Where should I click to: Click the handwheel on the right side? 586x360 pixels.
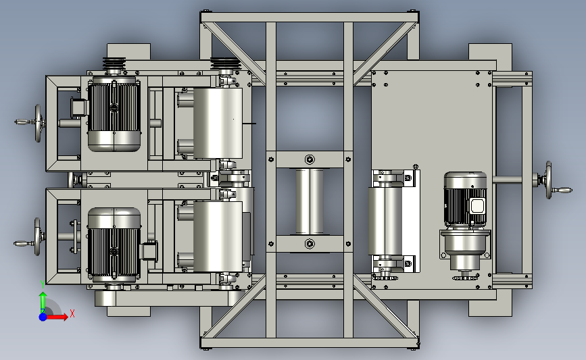click(x=548, y=180)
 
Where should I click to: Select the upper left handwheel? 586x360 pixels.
click(x=38, y=123)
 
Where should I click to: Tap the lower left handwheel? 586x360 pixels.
click(x=37, y=237)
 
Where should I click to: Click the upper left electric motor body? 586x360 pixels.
click(x=114, y=114)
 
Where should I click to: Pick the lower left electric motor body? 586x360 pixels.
click(x=114, y=245)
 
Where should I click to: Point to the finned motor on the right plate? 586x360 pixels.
click(x=465, y=199)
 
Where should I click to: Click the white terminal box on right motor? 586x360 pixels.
click(x=477, y=206)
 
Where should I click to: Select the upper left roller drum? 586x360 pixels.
click(x=218, y=123)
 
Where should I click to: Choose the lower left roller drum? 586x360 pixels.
click(x=218, y=236)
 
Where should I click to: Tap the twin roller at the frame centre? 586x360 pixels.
click(x=310, y=202)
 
